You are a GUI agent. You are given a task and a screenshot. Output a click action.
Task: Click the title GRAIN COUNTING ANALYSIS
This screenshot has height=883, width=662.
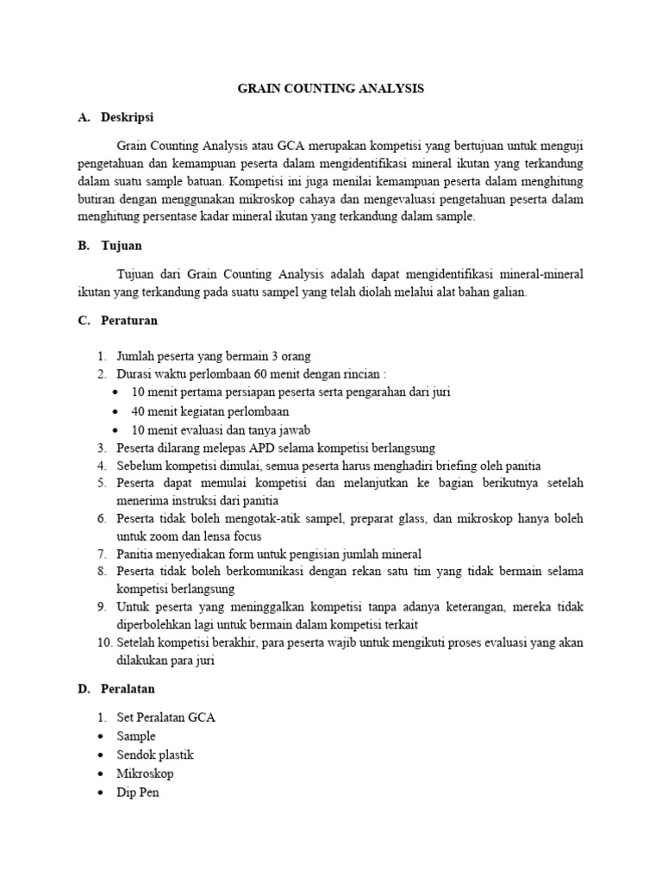click(331, 89)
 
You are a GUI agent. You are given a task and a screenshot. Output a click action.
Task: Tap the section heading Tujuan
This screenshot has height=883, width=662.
click(122, 246)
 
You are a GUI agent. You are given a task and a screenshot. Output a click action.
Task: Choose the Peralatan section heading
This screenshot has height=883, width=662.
click(128, 689)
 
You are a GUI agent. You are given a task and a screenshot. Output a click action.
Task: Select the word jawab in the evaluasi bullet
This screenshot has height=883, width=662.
click(293, 429)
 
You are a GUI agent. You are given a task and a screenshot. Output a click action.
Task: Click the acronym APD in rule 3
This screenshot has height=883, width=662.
click(259, 448)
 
